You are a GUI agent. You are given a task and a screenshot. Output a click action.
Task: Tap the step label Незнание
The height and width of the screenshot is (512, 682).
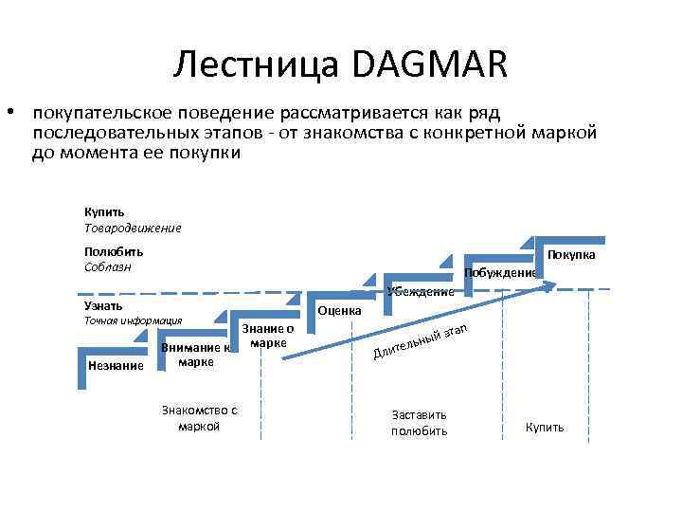click(x=115, y=365)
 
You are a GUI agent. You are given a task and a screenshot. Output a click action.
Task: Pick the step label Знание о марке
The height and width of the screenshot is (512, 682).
click(x=268, y=336)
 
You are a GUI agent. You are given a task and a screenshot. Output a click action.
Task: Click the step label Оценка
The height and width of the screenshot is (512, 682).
click(x=339, y=311)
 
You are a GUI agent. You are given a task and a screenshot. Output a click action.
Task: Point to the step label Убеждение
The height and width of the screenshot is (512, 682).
click(x=421, y=291)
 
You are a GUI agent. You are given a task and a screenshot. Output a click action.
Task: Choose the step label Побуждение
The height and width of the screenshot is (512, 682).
click(x=500, y=273)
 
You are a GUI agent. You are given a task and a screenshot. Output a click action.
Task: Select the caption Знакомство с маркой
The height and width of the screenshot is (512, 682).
click(x=199, y=418)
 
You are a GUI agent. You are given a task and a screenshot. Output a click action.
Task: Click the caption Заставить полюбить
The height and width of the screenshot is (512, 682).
click(x=419, y=423)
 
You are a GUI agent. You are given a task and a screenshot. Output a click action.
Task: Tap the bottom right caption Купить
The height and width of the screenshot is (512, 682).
click(x=545, y=428)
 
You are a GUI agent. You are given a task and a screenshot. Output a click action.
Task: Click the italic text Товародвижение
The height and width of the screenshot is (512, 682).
click(x=133, y=228)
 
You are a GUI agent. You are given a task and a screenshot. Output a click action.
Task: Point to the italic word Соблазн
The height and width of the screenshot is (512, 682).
click(x=108, y=267)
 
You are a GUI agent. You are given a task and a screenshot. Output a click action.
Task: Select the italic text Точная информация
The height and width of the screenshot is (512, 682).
click(x=134, y=321)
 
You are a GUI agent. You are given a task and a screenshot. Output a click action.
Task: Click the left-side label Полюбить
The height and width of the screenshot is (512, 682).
click(x=114, y=252)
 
